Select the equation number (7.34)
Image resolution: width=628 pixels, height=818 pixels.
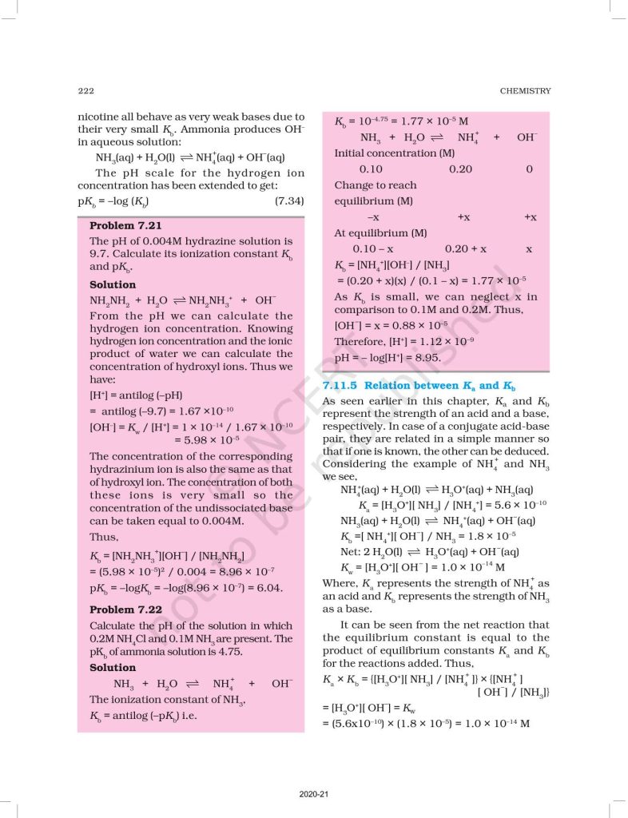pos(288,201)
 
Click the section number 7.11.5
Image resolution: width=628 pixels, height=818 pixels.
pos(344,386)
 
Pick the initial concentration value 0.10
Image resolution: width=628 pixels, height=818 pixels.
pos(371,169)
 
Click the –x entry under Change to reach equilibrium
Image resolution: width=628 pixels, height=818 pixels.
pos(372,217)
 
